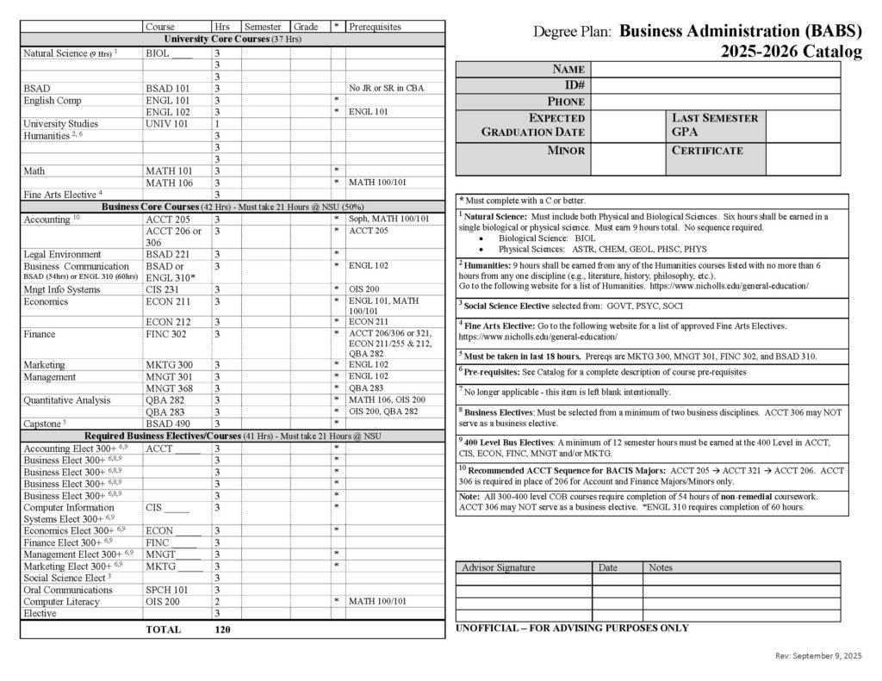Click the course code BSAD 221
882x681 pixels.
[x=167, y=253]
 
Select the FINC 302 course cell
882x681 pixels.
[x=167, y=333]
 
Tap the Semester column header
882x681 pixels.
[x=265, y=27]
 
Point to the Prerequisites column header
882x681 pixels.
[x=375, y=27]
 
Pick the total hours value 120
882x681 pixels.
[x=222, y=629]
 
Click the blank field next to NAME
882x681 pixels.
[x=715, y=69]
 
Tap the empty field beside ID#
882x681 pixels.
[x=715, y=85]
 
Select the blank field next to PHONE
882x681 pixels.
[x=715, y=101]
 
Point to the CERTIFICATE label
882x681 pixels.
[x=706, y=151]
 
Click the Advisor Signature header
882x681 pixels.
[x=498, y=567]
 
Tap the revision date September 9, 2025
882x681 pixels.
[x=818, y=657]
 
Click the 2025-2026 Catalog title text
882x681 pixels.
[x=792, y=53]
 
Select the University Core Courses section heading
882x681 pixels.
[x=233, y=40]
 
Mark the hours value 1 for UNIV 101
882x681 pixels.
[x=218, y=123]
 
